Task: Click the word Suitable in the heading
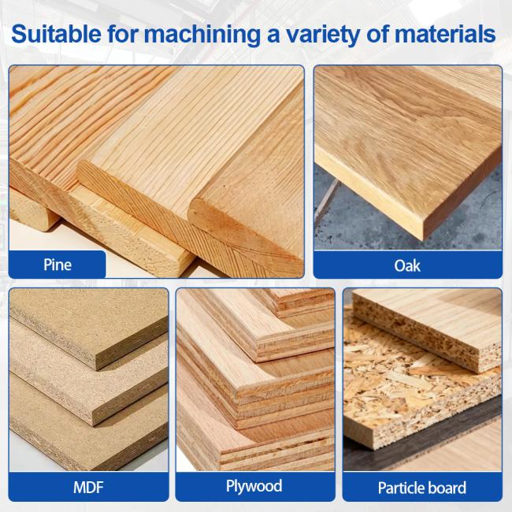(x=56, y=34)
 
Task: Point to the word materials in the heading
(x=445, y=34)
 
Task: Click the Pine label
(x=58, y=265)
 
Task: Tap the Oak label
(x=407, y=265)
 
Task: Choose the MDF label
(x=88, y=488)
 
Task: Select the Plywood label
(x=254, y=486)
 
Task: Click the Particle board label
(x=422, y=488)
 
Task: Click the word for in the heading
(x=123, y=34)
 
